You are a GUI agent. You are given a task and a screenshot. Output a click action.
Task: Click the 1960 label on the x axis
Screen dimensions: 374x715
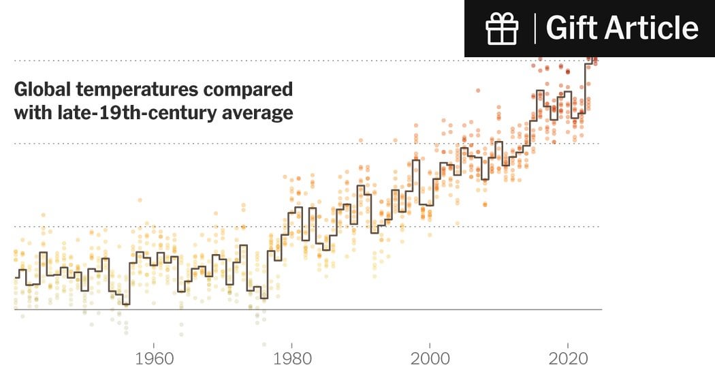coord(154,359)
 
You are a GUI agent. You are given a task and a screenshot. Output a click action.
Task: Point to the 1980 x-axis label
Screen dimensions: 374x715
coord(292,359)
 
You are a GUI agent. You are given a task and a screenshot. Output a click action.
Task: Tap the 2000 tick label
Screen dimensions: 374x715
coord(430,359)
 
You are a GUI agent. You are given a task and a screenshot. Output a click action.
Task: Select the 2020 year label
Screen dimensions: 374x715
coord(569,359)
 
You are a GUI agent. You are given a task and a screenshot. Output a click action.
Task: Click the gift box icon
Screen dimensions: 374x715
coord(502,28)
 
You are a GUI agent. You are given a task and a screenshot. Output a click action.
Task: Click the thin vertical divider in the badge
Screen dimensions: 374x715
coord(535,28)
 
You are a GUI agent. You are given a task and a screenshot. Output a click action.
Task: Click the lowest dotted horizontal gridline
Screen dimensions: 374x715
coord(409,226)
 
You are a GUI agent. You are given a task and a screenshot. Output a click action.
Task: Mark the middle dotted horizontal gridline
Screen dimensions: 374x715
coord(340,143)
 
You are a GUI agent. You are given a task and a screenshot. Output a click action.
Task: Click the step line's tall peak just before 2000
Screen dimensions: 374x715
coord(416,161)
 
